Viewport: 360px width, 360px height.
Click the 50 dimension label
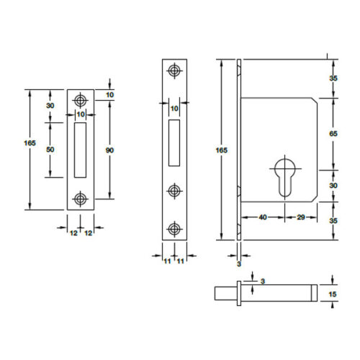point(50,150)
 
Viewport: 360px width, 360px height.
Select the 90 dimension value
point(109,150)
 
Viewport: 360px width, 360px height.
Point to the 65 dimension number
point(333,134)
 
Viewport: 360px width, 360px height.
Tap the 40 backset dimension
point(263,217)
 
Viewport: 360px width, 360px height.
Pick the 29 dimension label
point(301,217)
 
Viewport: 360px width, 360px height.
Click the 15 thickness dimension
point(333,294)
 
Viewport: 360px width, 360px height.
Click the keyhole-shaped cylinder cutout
point(285,178)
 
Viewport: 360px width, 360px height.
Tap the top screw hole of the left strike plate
point(81,101)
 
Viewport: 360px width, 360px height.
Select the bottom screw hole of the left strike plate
point(81,199)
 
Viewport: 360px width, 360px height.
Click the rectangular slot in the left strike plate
point(80,150)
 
